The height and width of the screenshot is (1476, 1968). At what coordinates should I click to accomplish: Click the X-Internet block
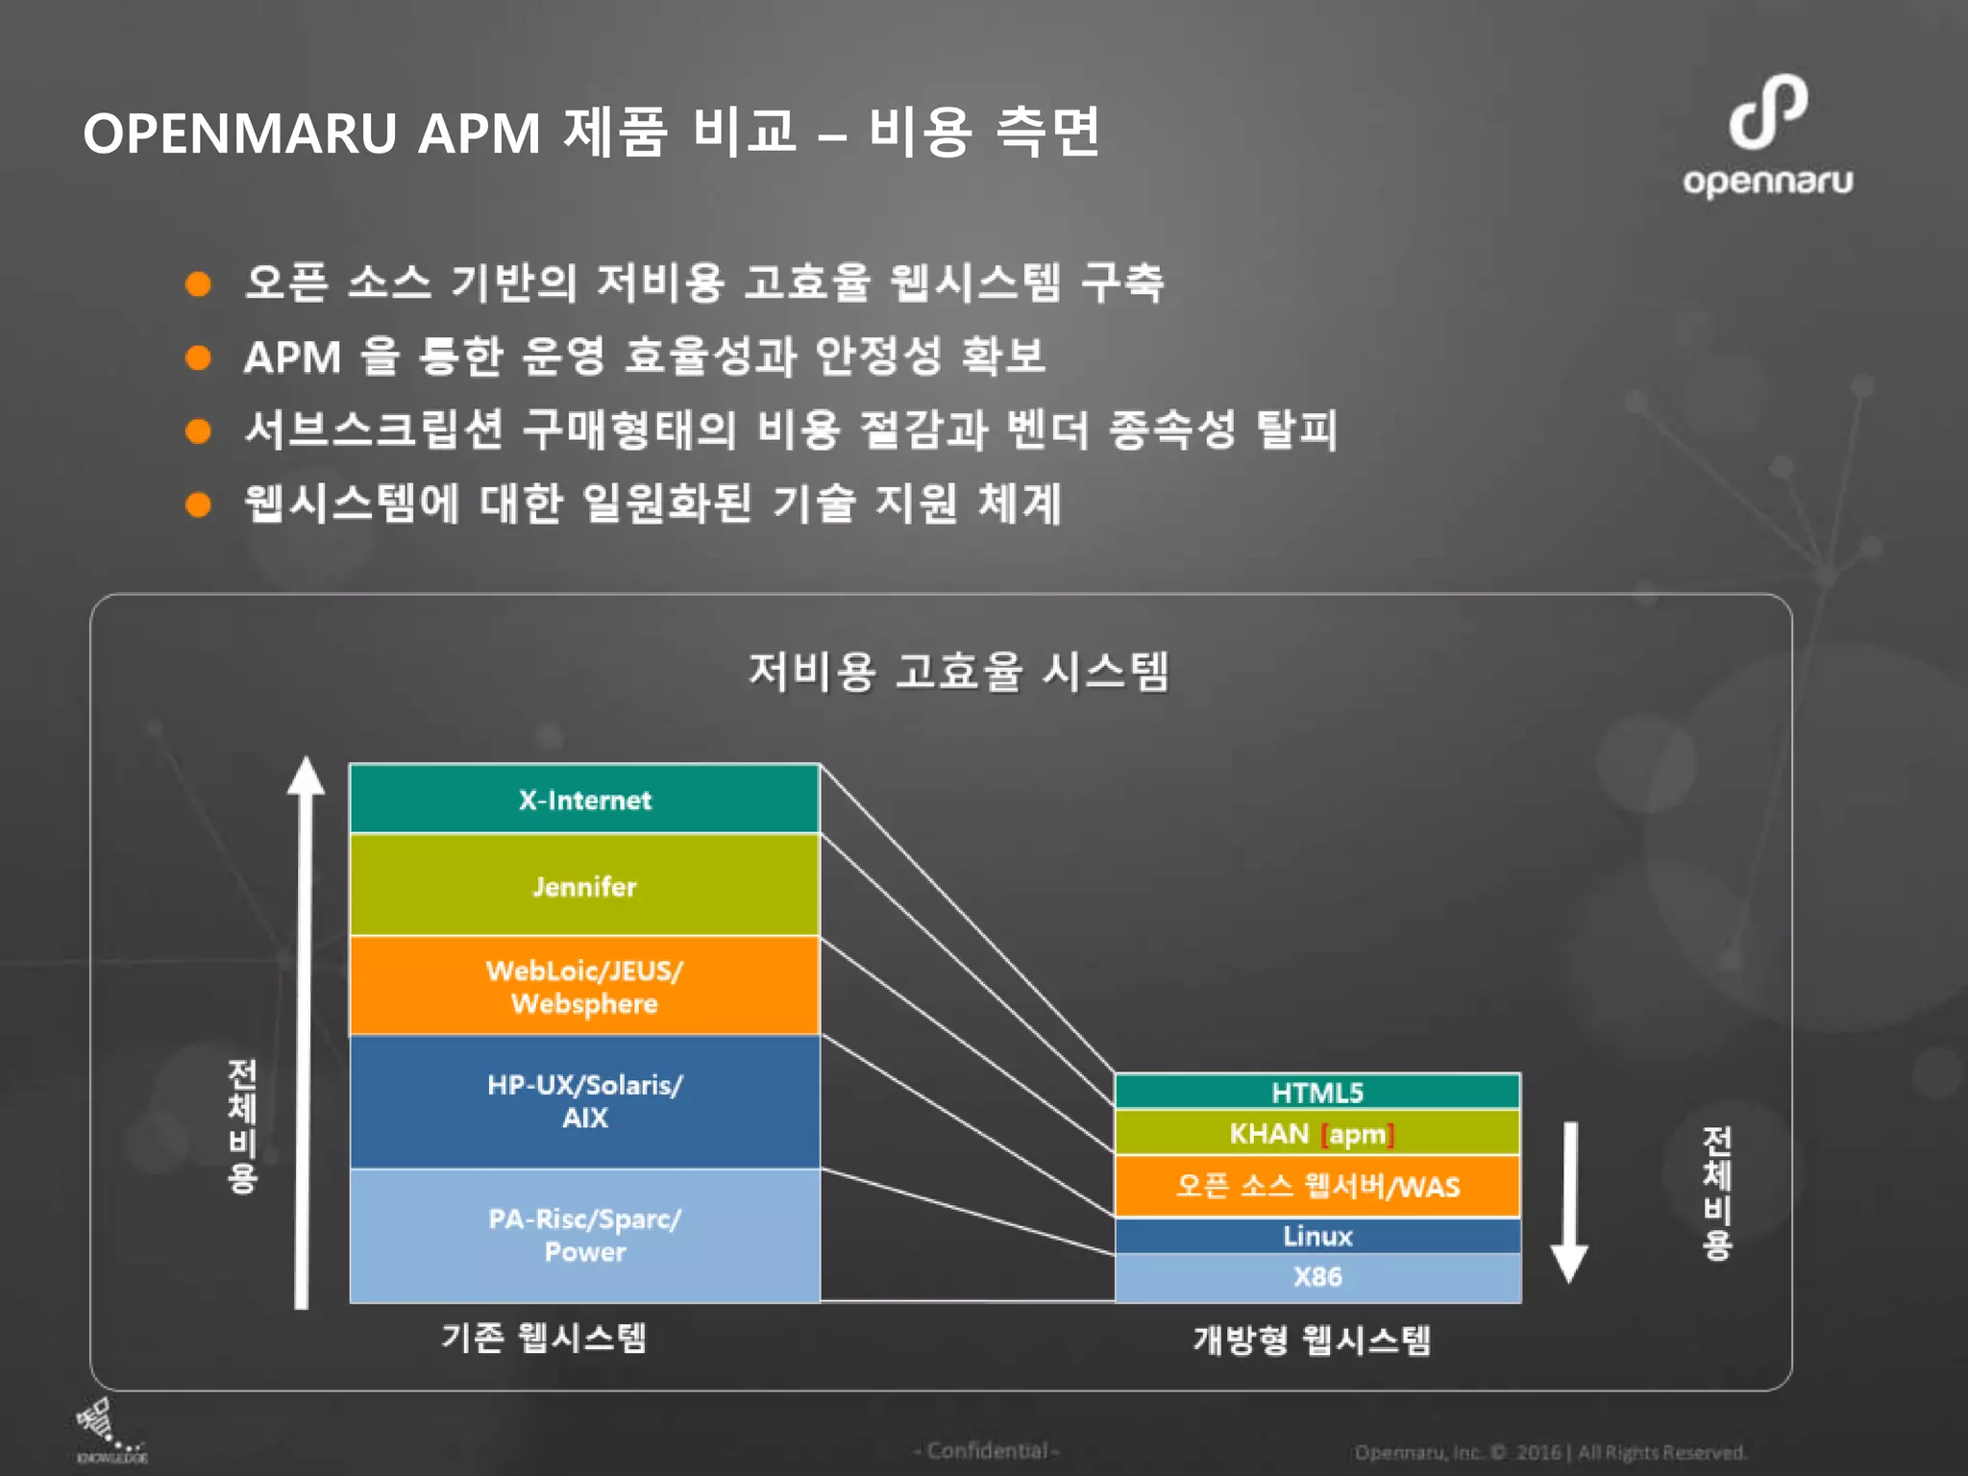click(584, 799)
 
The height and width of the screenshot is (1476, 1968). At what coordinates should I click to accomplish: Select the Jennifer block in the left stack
click(584, 885)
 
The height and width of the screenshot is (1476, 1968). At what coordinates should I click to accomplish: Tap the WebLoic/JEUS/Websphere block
click(584, 986)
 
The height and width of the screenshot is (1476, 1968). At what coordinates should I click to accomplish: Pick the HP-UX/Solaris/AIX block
click(584, 1101)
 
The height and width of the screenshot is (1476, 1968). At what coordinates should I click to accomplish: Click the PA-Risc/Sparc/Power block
click(584, 1235)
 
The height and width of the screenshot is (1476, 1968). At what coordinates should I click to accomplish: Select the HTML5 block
click(1316, 1092)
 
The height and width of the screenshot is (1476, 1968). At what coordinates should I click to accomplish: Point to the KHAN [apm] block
click(1316, 1134)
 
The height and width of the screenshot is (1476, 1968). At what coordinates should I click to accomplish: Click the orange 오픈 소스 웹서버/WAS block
click(1316, 1186)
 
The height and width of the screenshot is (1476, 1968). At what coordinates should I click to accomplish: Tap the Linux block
click(1316, 1236)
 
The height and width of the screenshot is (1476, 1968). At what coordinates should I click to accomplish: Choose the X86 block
click(1316, 1277)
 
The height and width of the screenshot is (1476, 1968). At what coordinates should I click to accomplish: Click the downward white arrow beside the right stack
click(1569, 1201)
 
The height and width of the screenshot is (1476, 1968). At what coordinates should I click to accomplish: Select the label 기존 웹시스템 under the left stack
click(544, 1337)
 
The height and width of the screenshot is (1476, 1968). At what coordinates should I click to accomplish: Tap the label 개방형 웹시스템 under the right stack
click(1312, 1339)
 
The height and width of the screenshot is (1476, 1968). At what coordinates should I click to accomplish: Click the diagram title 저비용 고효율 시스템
click(958, 671)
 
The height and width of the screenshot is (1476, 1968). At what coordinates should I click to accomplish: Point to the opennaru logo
click(1768, 135)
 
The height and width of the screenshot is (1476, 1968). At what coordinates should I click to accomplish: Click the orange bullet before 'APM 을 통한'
click(198, 357)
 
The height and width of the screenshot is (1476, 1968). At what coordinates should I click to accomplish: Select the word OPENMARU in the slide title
click(240, 133)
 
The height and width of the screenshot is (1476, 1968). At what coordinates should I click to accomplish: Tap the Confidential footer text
click(987, 1451)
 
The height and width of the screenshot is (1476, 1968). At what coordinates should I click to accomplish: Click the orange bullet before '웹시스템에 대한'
click(198, 504)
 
